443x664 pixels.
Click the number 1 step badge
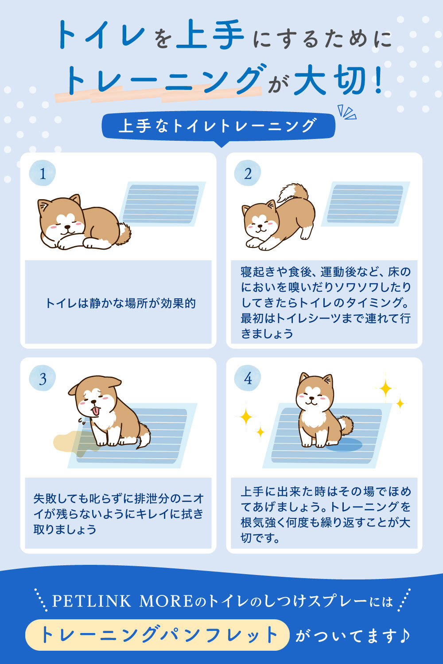(x=43, y=173)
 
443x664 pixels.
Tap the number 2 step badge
(x=248, y=173)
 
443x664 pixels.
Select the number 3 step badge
(x=43, y=378)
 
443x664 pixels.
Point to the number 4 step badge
(x=248, y=378)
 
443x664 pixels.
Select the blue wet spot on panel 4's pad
(x=345, y=444)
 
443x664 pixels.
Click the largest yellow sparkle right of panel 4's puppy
(x=385, y=387)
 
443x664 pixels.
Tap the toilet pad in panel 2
(x=365, y=204)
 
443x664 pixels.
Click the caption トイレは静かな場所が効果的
(x=120, y=303)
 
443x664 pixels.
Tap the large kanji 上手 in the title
(x=210, y=35)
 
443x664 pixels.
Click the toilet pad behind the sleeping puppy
(x=162, y=204)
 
